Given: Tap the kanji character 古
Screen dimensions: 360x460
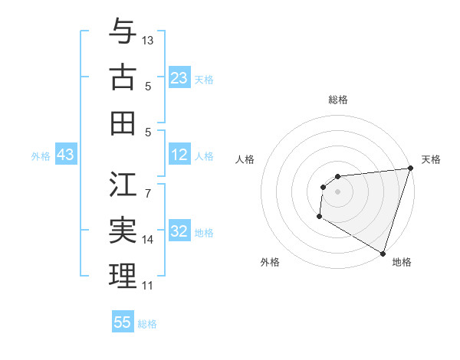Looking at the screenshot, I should [123, 77].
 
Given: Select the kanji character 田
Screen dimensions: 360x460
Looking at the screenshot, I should [123, 122].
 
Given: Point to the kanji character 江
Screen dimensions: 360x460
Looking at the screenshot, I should [123, 185].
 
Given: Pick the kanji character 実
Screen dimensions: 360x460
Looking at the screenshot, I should [123, 231].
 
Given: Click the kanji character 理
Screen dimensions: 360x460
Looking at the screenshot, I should [123, 276].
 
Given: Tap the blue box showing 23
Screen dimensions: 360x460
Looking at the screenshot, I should [179, 77].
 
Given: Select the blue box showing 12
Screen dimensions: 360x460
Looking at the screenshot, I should [179, 155].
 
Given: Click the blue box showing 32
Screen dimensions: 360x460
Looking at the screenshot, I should [179, 231].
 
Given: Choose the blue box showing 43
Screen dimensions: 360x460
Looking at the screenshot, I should [65, 155].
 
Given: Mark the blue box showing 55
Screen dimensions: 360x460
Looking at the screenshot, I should [123, 322].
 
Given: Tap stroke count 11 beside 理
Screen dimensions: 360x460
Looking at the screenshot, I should [148, 286].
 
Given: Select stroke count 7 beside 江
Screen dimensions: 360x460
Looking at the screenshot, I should [148, 185].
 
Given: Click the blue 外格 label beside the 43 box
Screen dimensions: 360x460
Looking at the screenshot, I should [41, 155].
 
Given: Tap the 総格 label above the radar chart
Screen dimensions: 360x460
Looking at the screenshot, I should [338, 100].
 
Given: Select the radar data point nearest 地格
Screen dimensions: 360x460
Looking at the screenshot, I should [383, 254].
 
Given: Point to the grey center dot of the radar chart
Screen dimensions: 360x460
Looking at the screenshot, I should [338, 191].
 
